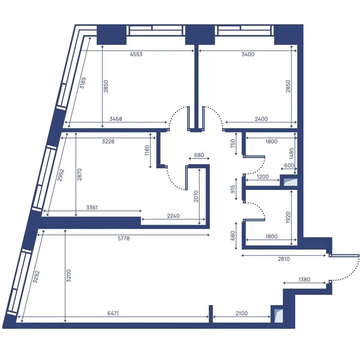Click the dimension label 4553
(x=136, y=54)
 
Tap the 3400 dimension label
(x=248, y=54)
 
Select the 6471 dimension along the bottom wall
(x=113, y=313)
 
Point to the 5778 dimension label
(x=124, y=238)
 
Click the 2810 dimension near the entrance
(x=283, y=259)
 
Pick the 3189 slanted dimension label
(x=82, y=83)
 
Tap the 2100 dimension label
(x=241, y=313)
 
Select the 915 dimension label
(x=232, y=189)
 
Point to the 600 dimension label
(x=289, y=165)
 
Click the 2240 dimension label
(x=173, y=216)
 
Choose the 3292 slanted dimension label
(x=36, y=277)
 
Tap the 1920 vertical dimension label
(x=288, y=217)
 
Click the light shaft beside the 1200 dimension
(x=290, y=182)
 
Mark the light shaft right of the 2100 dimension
(x=278, y=316)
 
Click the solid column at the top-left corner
(x=112, y=34)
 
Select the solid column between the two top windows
(x=200, y=34)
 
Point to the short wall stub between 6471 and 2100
(x=211, y=314)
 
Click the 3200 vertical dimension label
(x=69, y=276)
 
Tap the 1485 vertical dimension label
(x=291, y=153)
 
